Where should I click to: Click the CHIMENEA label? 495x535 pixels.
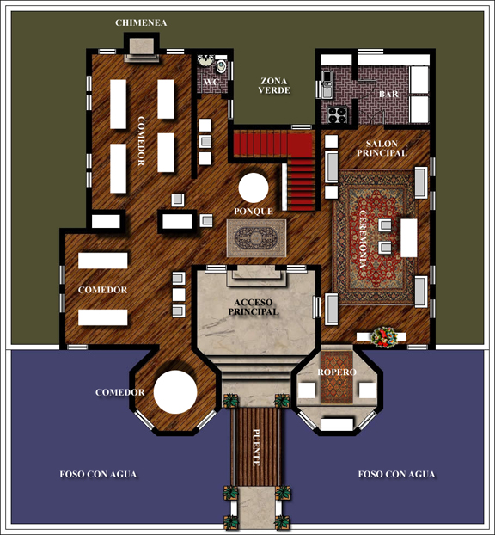(141, 22)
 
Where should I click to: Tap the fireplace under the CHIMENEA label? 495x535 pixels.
(142, 48)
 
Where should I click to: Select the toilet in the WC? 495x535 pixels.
(221, 66)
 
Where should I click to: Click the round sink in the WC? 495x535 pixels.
(205, 61)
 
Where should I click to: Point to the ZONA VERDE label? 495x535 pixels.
(274, 86)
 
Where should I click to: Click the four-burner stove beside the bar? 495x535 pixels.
(337, 114)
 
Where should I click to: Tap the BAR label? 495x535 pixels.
(388, 94)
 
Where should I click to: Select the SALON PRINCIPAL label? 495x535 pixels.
(382, 149)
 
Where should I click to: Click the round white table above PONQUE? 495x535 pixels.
(254, 188)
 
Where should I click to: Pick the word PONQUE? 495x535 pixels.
(254, 212)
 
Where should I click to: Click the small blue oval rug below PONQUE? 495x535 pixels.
(256, 238)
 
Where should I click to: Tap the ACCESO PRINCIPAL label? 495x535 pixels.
(254, 307)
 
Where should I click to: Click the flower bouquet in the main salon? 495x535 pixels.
(384, 337)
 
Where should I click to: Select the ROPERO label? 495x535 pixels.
(337, 372)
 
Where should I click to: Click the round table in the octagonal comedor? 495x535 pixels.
(175, 392)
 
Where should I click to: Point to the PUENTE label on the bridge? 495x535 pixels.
(256, 447)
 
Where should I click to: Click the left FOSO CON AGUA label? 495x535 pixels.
(98, 474)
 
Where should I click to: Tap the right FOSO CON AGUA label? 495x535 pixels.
(396, 474)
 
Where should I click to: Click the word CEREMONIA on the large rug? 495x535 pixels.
(363, 241)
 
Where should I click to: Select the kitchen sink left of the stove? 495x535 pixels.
(327, 84)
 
